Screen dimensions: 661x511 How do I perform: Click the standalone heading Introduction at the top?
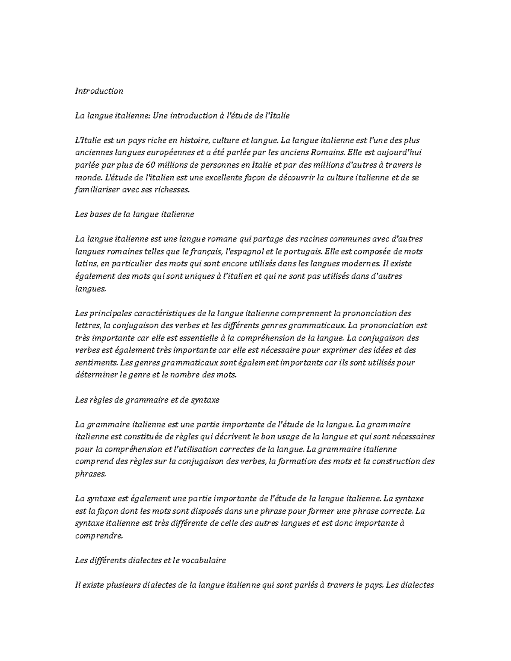pyautogui.click(x=99, y=91)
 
